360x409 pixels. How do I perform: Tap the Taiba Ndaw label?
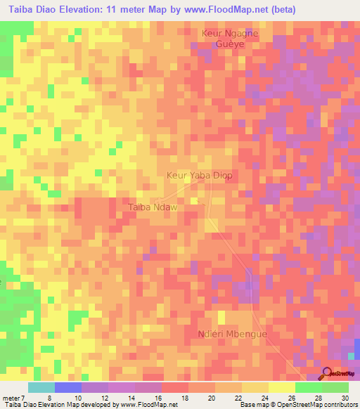tap(151, 207)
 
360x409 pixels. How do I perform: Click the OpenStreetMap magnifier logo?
tap(328, 374)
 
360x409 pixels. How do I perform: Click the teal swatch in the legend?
tap(41, 387)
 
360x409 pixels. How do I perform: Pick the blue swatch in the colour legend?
tap(68, 387)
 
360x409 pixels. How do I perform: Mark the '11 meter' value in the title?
tap(122, 9)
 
